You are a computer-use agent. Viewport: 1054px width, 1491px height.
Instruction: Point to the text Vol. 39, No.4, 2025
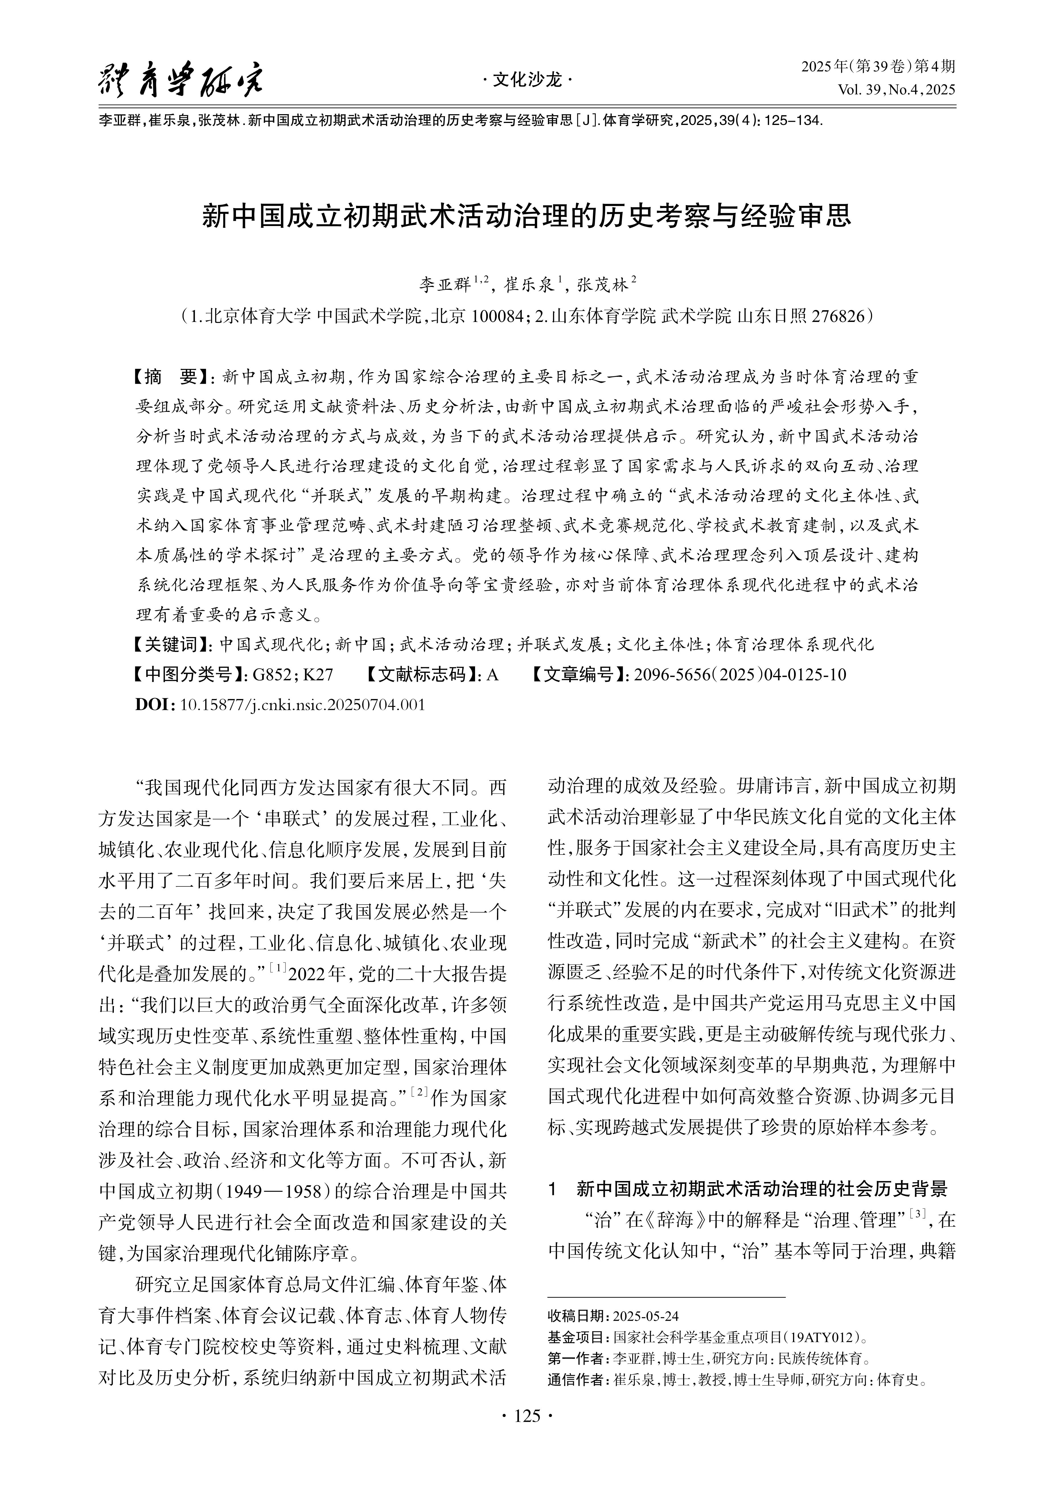click(x=896, y=90)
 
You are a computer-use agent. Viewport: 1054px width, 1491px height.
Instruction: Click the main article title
click(x=527, y=216)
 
